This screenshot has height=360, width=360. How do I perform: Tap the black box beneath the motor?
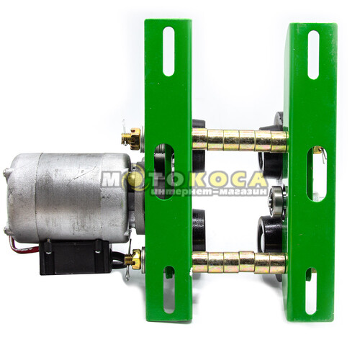(x=76, y=257)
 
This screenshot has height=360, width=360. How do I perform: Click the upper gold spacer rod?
(x=240, y=140)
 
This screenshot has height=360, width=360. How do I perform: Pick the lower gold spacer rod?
(x=240, y=263)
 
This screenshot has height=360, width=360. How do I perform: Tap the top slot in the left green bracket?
(x=168, y=51)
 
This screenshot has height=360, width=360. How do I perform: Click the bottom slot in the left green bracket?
(x=169, y=289)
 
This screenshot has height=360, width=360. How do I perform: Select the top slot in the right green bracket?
(x=313, y=55)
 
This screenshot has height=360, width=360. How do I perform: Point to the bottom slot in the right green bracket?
(x=311, y=291)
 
